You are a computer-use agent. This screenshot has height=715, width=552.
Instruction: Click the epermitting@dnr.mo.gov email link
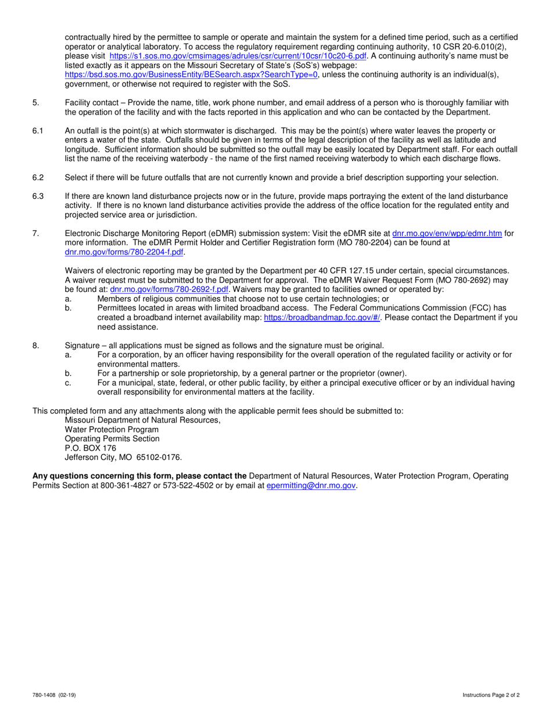[x=311, y=485]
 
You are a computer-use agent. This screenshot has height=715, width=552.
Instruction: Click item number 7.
[x=35, y=234]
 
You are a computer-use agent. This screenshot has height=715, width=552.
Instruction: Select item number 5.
[x=35, y=103]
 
